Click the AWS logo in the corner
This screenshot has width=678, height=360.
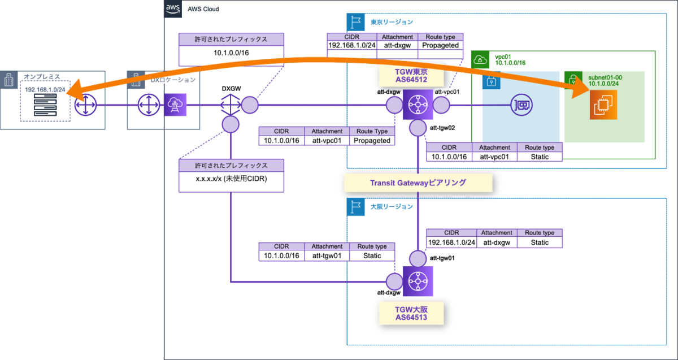pos(172,9)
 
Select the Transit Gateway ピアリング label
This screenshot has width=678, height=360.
pos(418,183)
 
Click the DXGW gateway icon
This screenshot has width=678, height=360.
pos(231,105)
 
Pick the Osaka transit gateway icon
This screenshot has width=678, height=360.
pos(418,281)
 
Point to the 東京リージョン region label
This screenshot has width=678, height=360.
pos(392,22)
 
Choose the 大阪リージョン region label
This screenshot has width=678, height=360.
pos(392,206)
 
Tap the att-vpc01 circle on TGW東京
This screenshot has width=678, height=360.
pos(441,105)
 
